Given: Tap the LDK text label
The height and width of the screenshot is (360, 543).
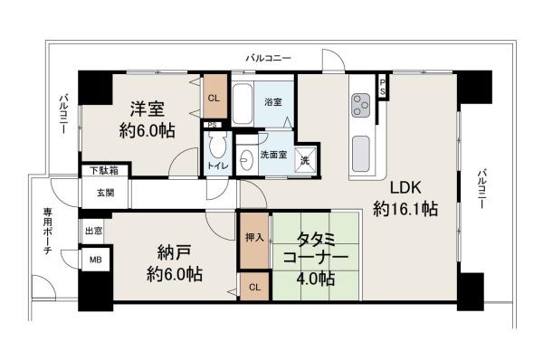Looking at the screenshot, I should [x=405, y=188].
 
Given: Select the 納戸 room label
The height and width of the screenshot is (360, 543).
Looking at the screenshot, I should [x=164, y=253].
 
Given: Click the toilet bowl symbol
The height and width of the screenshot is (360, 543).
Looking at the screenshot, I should [x=217, y=147].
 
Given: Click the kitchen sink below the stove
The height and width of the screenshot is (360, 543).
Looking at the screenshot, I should [x=361, y=148].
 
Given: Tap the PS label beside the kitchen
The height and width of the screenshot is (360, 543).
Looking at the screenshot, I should [x=383, y=87].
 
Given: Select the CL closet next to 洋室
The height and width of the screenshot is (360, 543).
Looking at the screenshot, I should [x=214, y=99].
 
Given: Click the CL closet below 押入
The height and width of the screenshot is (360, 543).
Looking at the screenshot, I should [x=254, y=288].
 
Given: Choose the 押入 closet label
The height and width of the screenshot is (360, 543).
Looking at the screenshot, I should [x=254, y=238].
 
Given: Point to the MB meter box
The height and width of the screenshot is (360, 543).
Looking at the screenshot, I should [x=95, y=260].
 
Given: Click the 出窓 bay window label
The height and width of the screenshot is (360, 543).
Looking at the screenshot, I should [x=94, y=232].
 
